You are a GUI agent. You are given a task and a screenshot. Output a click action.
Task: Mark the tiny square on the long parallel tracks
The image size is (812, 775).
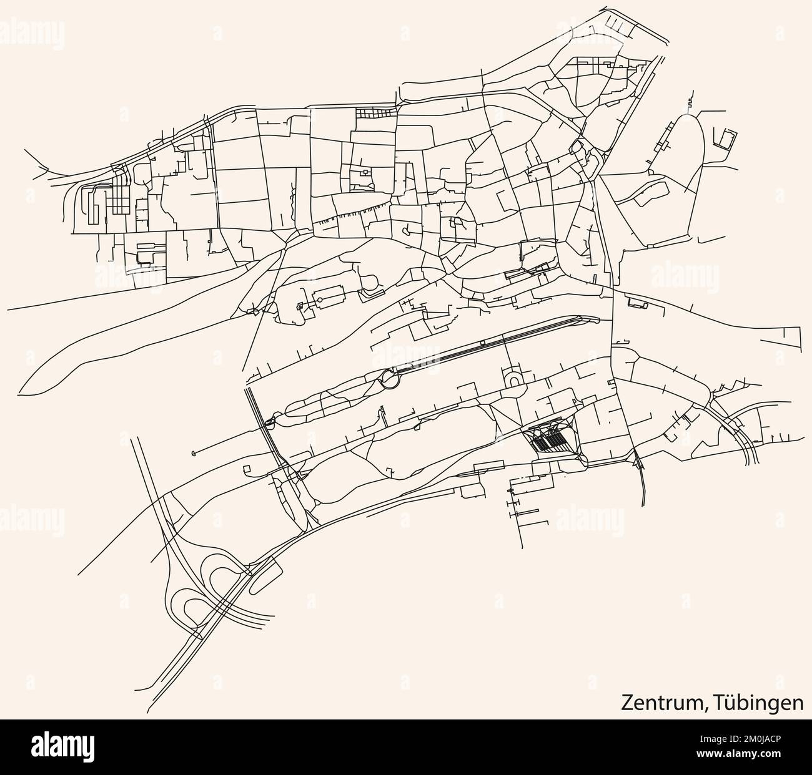coord(482,343)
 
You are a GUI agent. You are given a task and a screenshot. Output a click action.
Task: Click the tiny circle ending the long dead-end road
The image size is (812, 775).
coord(193,452)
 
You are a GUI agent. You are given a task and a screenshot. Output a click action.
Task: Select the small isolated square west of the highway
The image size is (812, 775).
coord(246,468)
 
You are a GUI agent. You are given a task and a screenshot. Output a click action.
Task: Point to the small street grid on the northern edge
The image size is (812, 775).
coord(376,113)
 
